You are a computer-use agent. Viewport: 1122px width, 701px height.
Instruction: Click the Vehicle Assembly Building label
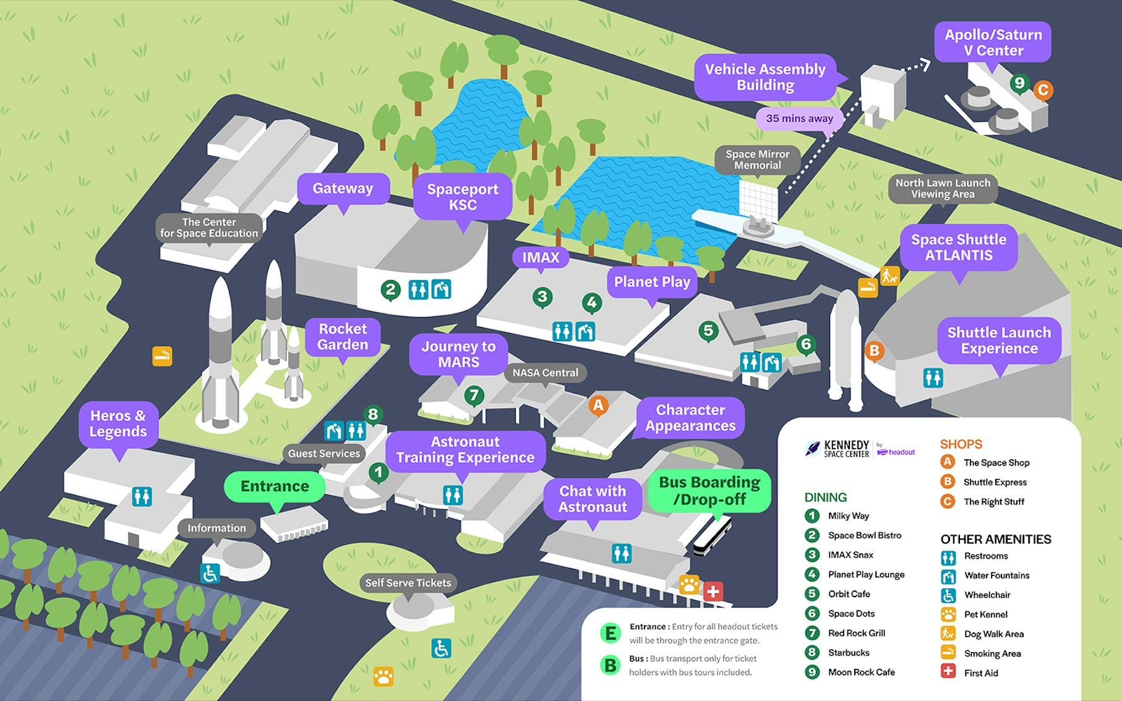tap(765, 77)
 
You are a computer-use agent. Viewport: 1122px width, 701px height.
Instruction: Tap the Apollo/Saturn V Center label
tap(993, 43)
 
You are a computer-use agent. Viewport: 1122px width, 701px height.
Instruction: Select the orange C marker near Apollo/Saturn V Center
tap(1043, 90)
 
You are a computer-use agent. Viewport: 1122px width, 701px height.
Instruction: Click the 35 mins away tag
tap(799, 118)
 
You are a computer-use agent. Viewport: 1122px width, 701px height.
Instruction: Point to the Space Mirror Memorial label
tap(757, 159)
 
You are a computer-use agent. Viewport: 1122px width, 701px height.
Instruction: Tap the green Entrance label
tap(275, 486)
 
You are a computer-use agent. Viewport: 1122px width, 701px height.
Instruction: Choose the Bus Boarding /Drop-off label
tap(709, 491)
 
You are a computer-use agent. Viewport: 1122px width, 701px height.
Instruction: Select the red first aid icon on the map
tap(713, 591)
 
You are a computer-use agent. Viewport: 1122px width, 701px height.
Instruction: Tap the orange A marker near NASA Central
tap(598, 406)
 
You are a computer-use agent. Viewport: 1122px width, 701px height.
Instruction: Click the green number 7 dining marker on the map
tap(474, 395)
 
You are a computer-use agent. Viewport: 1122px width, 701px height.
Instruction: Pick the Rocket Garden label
tap(343, 337)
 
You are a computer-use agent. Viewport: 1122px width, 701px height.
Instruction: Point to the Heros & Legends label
tap(118, 423)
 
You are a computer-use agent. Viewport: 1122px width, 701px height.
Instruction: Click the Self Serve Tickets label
tap(408, 583)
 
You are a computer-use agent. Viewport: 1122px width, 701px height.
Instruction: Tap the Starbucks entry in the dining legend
tap(848, 653)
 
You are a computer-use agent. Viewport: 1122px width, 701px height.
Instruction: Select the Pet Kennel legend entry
tap(985, 614)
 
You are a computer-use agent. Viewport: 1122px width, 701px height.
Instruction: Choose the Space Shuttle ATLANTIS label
tap(958, 247)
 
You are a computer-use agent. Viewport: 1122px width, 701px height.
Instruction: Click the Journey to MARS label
tap(458, 354)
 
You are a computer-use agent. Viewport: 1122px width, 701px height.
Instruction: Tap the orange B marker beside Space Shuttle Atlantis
tap(874, 351)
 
